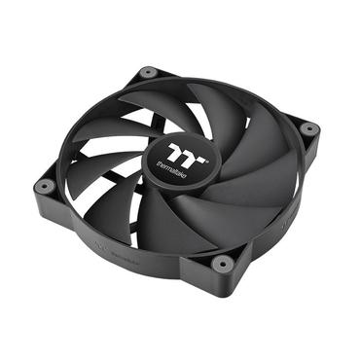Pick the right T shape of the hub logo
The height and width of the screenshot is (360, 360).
click(x=187, y=153)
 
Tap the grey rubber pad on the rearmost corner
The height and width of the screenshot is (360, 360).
click(x=148, y=72)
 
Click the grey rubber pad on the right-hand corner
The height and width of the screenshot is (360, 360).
click(x=308, y=128)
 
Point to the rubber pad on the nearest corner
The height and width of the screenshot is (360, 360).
click(x=222, y=263)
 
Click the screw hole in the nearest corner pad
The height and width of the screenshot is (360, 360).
click(x=222, y=263)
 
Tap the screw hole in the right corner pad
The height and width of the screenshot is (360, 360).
click(x=308, y=128)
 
